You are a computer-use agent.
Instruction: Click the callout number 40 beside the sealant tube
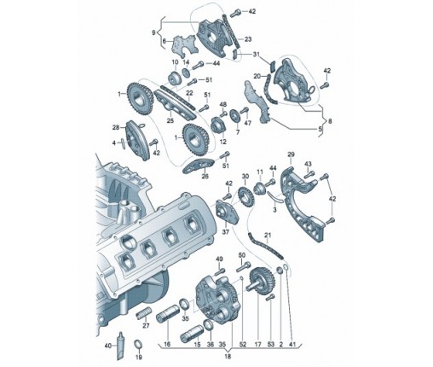click(108, 346)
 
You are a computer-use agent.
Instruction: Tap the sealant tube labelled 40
click(120, 346)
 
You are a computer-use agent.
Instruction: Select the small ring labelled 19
click(138, 344)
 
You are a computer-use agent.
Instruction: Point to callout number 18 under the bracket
click(228, 356)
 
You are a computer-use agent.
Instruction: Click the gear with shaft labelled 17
click(261, 281)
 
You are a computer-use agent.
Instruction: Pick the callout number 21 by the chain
click(268, 236)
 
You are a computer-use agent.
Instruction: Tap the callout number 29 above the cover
click(291, 154)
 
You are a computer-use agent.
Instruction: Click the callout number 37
click(225, 232)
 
